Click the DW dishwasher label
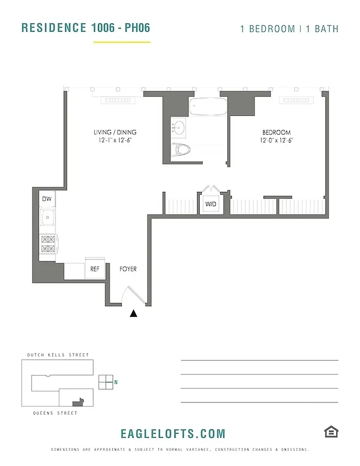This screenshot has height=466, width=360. pos(47,199)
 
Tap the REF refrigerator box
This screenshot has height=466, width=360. pos(95,269)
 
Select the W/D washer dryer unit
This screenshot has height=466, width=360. pos(210,204)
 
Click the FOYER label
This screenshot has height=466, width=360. pos(128,269)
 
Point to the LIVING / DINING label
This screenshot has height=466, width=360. pos(115,132)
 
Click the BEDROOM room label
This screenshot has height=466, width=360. pos(276,132)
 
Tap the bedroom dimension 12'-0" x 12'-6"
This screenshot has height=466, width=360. pos(276,140)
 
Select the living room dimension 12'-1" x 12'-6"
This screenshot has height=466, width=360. pos(115,140)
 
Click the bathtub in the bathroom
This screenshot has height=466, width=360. pos(208,107)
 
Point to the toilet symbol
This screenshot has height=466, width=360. pos(183,149)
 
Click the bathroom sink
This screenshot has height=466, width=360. pos(178,126)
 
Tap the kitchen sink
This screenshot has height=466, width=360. pos(47,219)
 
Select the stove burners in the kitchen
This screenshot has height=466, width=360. pos(47,243)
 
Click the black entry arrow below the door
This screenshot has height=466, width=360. pos(133,313)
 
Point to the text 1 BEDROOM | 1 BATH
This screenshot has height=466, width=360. pos(289,29)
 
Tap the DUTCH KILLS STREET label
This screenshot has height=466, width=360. pos(58,355)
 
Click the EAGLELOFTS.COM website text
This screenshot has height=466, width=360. pos(172,433)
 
